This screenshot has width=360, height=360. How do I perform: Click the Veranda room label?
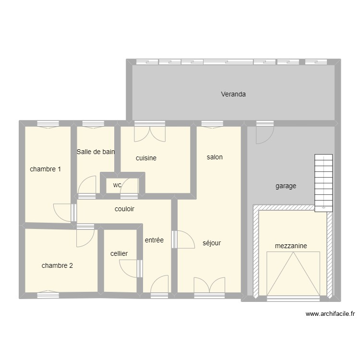233,94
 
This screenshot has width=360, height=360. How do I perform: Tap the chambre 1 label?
45,169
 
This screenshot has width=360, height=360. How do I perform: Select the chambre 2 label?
57,265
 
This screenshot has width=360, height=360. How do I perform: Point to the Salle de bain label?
96,152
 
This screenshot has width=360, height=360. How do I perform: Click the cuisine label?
146,158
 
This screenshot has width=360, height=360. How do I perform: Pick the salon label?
215,157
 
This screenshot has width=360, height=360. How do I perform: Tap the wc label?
117,185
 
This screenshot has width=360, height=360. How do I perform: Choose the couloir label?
124,209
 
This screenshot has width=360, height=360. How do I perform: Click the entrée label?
154,240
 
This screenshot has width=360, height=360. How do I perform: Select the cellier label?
119,253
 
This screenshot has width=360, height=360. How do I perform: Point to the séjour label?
212,243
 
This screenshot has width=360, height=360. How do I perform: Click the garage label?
286,186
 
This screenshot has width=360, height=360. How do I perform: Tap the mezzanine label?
291,246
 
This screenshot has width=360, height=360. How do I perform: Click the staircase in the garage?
324,182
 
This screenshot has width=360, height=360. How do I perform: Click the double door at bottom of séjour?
209,285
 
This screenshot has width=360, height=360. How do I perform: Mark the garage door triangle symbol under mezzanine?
293,274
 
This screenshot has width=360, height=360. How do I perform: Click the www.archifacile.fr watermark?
330,314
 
